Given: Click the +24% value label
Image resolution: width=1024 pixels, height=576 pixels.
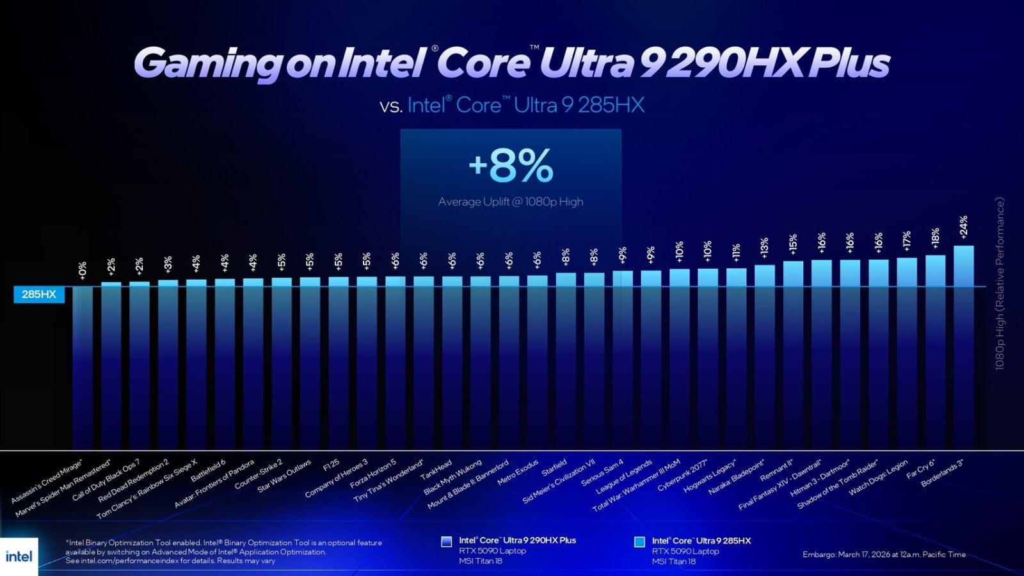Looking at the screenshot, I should coord(963,228).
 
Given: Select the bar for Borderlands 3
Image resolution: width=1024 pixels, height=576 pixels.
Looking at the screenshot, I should coord(963,346).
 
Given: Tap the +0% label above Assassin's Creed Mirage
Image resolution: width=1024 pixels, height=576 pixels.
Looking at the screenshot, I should coord(83,269).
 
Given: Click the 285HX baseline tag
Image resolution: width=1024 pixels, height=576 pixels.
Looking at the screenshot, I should coord(39,294).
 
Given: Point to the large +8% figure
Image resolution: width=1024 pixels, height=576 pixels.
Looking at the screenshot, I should coord(511,166).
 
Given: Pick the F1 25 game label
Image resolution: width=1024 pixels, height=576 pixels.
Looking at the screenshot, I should coord(332,465).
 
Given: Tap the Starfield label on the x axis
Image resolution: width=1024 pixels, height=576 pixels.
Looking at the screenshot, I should coord(554,468).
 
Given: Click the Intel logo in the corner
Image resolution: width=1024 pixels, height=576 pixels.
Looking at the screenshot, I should coord(19,556).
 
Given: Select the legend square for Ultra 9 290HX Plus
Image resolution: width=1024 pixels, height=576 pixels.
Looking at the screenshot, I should coord(447,541).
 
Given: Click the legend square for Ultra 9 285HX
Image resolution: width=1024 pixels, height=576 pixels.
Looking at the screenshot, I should coord(639,541).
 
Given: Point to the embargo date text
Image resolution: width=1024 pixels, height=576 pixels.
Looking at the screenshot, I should coord(884,554).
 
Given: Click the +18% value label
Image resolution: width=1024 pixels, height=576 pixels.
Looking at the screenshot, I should coord(935,238).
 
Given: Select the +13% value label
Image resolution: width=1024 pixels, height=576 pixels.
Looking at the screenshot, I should coord(764,248).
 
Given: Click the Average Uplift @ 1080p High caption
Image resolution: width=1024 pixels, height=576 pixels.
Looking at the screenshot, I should coord(511,202).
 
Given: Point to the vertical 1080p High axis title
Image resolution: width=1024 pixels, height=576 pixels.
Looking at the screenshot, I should coord(1000,284).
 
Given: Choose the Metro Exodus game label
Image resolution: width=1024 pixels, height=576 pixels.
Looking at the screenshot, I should coord(518,473).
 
